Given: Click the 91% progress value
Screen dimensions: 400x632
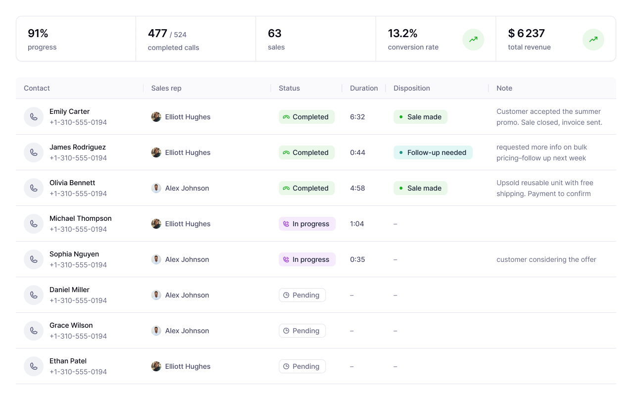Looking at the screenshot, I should [38, 34].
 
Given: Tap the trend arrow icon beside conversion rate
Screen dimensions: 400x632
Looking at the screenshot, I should [473, 40].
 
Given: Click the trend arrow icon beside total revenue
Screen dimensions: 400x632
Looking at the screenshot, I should [593, 40].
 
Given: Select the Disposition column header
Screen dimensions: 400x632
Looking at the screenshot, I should [412, 88].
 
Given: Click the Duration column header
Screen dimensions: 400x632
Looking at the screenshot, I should [364, 88].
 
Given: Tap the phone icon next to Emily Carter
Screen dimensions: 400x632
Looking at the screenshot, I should [34, 117].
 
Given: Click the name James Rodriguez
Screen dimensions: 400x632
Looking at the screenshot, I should [78, 147].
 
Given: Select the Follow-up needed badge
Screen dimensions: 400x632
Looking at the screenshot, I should [433, 152].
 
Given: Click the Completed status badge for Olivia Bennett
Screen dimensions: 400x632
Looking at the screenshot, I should [306, 188].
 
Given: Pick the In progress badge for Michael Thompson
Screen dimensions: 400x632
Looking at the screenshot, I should [307, 224].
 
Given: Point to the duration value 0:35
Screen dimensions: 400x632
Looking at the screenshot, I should [357, 259].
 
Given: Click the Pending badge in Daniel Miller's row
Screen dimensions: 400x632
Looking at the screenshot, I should [302, 295].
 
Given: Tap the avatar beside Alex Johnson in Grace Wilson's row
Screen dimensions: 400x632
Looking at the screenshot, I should [156, 331].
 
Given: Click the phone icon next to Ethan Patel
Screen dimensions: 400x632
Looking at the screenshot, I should [34, 366].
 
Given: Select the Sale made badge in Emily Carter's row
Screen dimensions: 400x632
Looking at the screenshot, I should [420, 117].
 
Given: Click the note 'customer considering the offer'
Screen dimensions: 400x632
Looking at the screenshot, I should [546, 259].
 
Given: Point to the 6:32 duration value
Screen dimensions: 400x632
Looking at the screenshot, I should [357, 117].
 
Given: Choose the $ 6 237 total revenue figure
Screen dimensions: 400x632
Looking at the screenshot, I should [526, 34].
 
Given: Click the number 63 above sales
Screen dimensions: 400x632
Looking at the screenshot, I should [275, 34].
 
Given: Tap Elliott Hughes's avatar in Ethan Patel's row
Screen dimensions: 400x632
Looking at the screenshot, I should [156, 366].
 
